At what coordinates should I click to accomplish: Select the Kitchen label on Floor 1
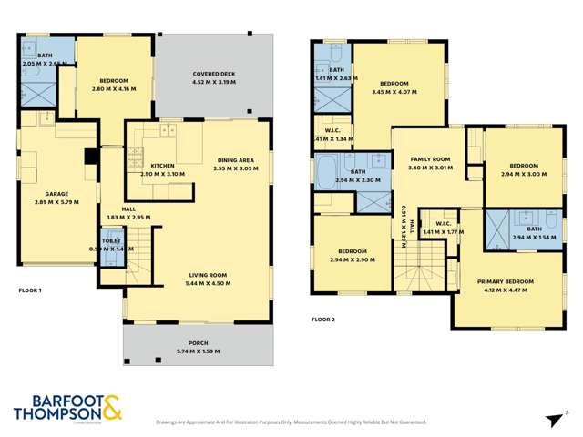tap(162, 165)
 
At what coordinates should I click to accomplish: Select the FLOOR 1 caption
tap(30, 290)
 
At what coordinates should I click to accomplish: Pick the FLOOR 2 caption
tap(323, 320)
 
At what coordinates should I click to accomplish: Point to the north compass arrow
tap(554, 418)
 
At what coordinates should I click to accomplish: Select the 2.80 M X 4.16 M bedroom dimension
tap(114, 89)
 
